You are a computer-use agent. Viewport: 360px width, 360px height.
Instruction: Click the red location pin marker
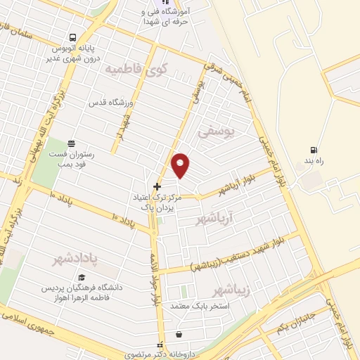[x=181, y=165]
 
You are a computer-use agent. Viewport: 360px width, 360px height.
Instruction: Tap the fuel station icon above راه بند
[x=313, y=149]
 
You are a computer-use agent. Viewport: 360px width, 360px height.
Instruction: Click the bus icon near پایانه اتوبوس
[x=72, y=38]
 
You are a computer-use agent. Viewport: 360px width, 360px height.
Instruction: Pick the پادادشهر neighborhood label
[x=75, y=259]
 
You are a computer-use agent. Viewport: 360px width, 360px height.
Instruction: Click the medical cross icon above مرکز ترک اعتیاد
[x=156, y=186]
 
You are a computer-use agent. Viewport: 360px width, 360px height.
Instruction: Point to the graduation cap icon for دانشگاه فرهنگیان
[x=82, y=278]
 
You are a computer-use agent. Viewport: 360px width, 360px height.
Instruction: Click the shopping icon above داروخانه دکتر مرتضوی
[x=179, y=334]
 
